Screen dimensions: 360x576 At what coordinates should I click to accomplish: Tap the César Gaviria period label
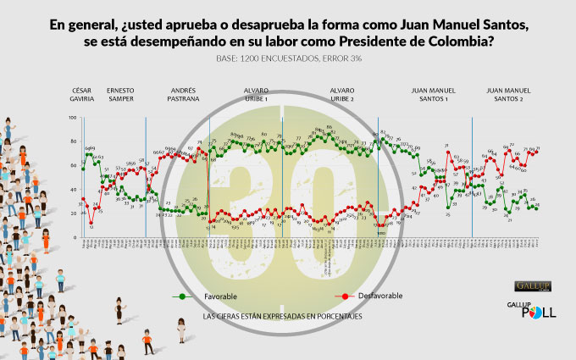[83, 93]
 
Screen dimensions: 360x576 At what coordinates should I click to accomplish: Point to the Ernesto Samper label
[120, 93]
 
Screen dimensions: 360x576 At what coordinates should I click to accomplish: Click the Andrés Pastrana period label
[185, 93]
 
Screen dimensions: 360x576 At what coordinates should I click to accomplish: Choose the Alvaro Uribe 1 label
[256, 93]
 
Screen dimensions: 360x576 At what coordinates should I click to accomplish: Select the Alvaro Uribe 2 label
[341, 93]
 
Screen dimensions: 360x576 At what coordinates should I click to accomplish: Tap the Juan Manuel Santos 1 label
[429, 93]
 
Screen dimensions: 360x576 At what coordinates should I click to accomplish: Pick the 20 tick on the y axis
[75, 213]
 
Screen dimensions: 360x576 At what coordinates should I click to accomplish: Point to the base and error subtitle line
[288, 59]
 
